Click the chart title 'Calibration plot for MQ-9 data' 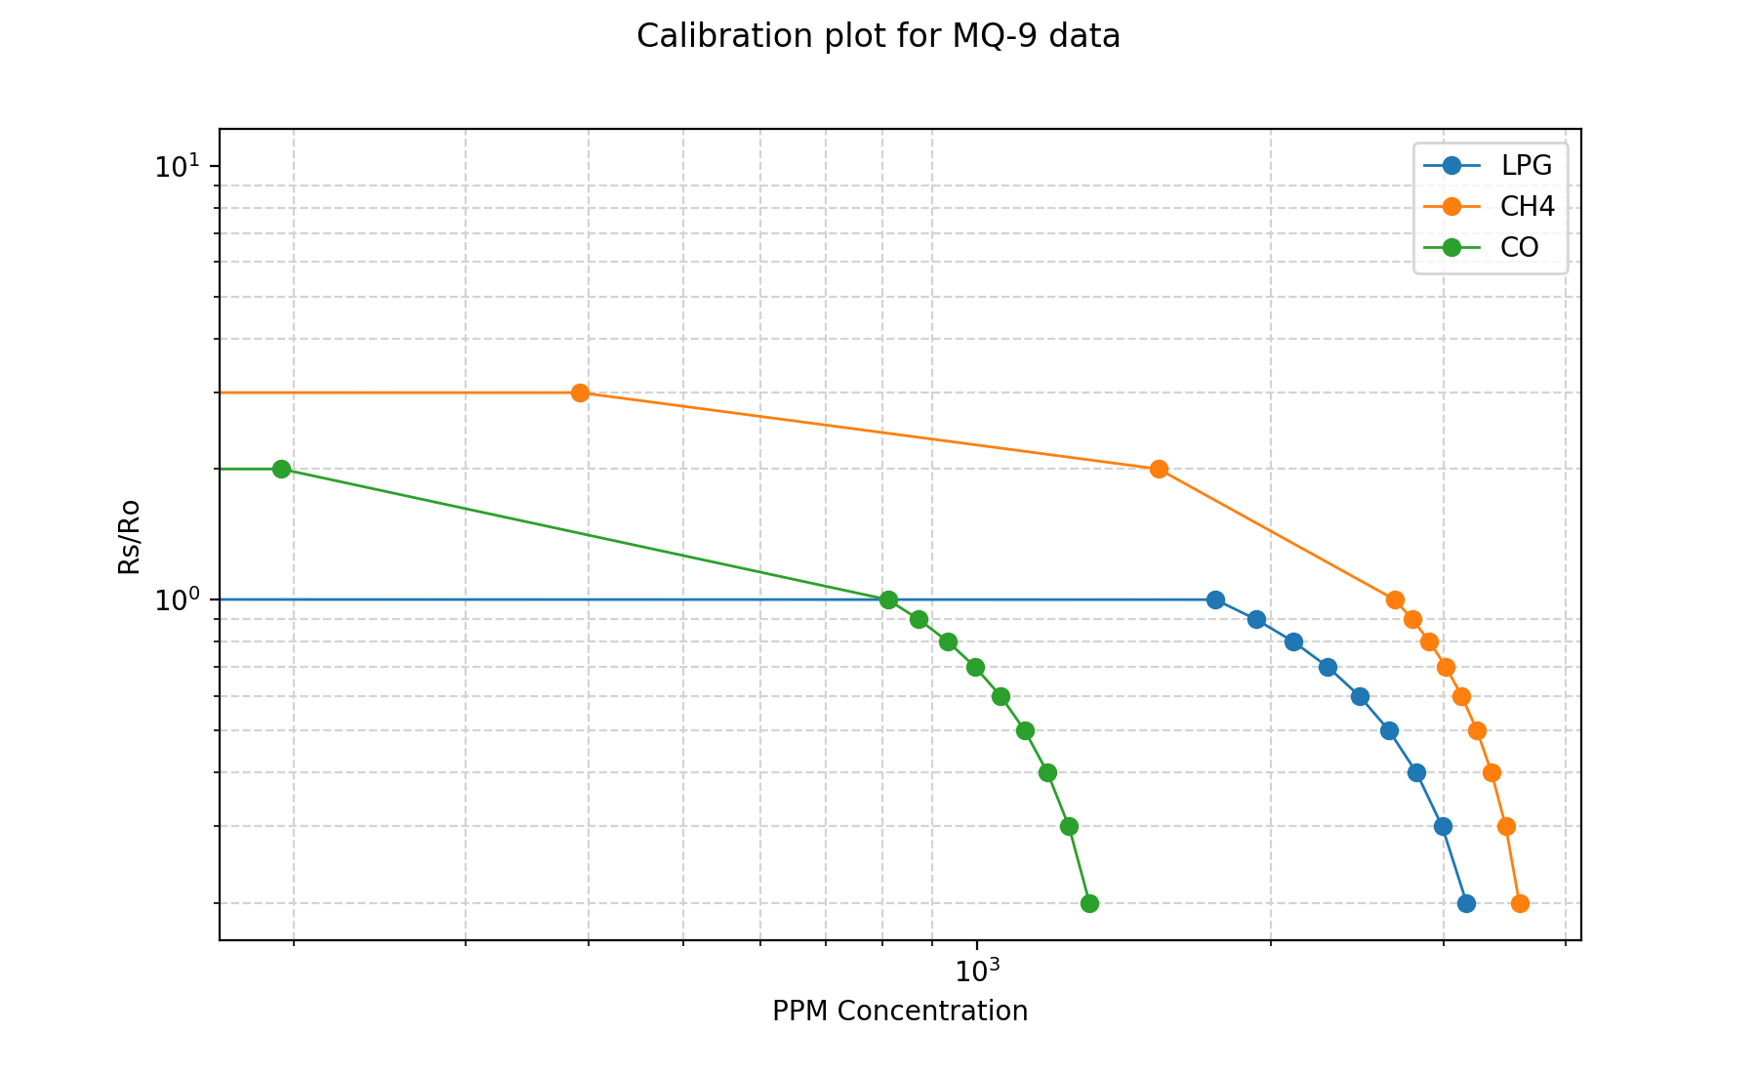click(878, 36)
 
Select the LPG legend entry click(1526, 165)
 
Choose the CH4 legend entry click(1527, 206)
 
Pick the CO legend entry click(1519, 247)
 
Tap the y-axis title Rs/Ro click(129, 536)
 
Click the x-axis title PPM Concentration click(899, 1012)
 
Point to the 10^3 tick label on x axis click(975, 971)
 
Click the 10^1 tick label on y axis click(173, 165)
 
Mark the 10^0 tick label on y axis click(173, 599)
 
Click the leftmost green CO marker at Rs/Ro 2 click(281, 469)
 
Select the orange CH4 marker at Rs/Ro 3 click(580, 392)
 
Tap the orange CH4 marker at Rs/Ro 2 click(1159, 469)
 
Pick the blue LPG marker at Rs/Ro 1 click(1215, 599)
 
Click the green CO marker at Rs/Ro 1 click(888, 599)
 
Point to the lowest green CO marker click(1089, 903)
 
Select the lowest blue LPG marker click(1466, 903)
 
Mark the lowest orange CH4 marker click(1520, 903)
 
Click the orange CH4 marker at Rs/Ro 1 click(1395, 599)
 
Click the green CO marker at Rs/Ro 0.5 click(1025, 730)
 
